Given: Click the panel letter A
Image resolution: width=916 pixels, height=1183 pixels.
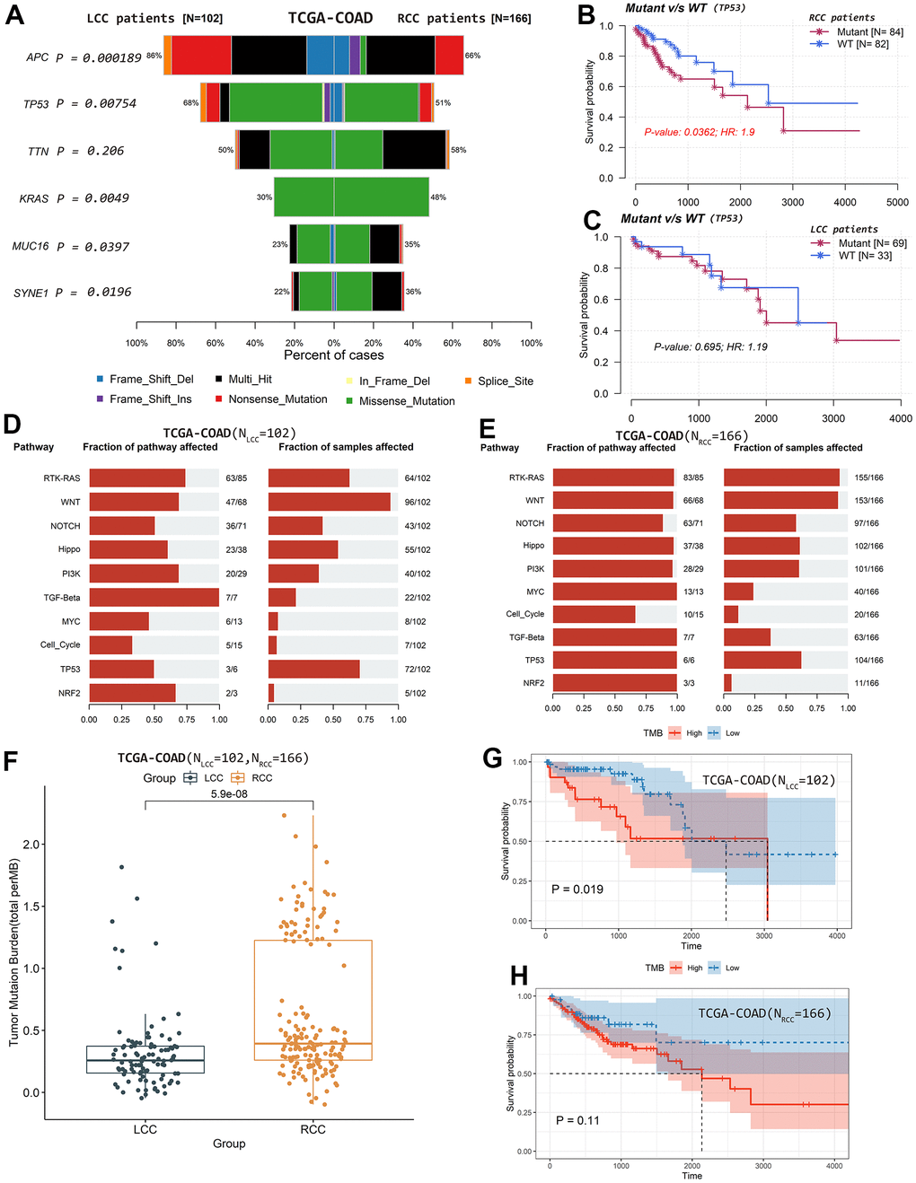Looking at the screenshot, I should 14,16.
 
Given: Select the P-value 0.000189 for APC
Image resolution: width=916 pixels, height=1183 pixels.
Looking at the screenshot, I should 112,57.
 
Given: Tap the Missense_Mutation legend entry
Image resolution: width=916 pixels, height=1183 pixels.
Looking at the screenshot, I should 407,401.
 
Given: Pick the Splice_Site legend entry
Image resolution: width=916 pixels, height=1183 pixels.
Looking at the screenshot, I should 506,381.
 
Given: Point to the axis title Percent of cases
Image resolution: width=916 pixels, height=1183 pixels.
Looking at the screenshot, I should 334,355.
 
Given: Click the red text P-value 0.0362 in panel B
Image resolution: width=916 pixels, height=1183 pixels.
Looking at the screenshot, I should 699,132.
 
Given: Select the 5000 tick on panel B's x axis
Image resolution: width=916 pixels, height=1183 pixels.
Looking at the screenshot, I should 897,202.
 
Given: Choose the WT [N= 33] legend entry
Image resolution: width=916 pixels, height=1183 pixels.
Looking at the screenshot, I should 865,256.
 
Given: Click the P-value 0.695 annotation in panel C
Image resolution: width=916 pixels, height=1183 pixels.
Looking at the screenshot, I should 710,346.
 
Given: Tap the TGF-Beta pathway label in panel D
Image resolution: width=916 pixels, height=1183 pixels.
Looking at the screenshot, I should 62,598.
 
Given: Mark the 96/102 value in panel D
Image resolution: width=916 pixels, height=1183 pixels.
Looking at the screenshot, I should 418,503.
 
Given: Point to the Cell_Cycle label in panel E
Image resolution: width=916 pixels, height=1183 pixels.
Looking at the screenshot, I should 525,615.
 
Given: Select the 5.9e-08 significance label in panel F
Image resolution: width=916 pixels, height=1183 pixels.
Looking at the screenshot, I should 229,794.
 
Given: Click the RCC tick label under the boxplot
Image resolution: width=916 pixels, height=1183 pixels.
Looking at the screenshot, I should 313,1129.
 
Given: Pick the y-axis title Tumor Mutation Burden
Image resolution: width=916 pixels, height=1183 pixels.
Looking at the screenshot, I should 14,952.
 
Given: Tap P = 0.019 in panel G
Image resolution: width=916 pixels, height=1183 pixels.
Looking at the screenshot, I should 577,889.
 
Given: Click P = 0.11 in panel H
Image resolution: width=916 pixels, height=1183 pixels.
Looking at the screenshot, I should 577,1120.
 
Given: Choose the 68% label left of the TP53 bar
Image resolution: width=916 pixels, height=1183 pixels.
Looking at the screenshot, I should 190,103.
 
